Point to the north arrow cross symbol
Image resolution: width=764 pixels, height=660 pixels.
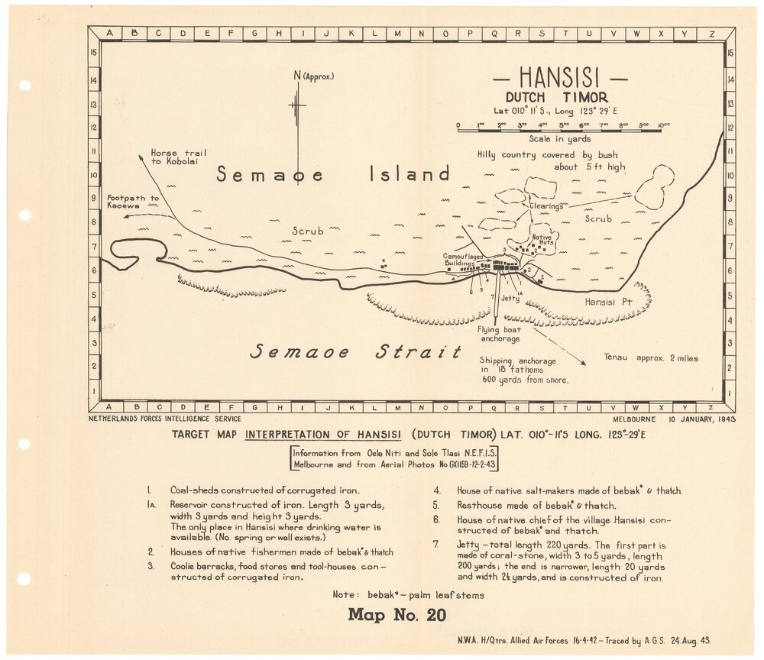pyautogui.click(x=297, y=105)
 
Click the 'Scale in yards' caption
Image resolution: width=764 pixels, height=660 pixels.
pyautogui.click(x=559, y=139)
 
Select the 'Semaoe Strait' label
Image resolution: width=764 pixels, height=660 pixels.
pyautogui.click(x=356, y=352)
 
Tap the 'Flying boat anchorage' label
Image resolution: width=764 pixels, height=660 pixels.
pyautogui.click(x=500, y=334)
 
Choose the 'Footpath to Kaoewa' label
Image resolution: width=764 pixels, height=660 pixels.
pyautogui.click(x=133, y=202)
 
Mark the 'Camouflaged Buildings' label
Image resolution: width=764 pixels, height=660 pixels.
pyautogui.click(x=463, y=260)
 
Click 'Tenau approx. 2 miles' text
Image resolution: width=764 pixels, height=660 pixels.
pyautogui.click(x=652, y=357)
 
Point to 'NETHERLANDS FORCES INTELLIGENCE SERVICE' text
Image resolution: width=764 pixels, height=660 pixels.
pyautogui.click(x=165, y=419)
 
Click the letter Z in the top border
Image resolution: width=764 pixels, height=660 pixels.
pyautogui.click(x=711, y=33)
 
